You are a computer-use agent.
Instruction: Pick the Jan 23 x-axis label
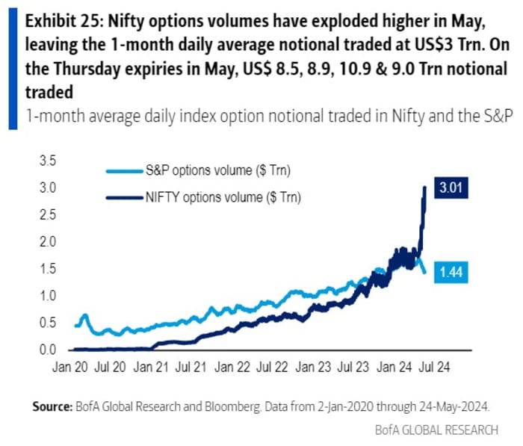coord(312,368)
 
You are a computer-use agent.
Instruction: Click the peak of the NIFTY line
coord(425,188)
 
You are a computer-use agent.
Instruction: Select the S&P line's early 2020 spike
coord(85,315)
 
